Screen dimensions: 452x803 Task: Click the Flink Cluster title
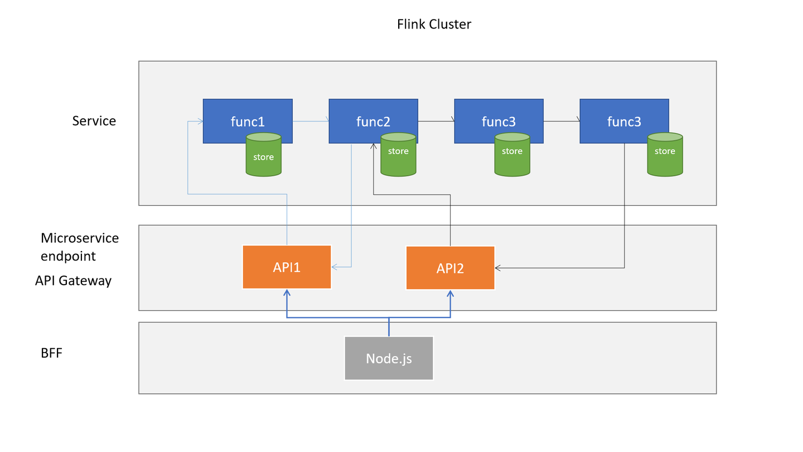[x=434, y=25]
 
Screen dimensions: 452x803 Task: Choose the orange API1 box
[x=287, y=267]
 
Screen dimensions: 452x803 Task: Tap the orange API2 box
[x=450, y=268]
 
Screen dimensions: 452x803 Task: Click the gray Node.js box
[x=389, y=358]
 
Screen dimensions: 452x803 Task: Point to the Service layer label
[x=94, y=121]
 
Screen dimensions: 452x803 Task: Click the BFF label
[x=51, y=353]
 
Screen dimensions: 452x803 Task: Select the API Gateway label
[x=73, y=281]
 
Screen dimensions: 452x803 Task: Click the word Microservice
[x=80, y=238]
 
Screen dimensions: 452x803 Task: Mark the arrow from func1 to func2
[x=311, y=121]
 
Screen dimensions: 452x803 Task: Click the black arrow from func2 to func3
[x=436, y=121]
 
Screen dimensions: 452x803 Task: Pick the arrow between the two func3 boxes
[x=562, y=121]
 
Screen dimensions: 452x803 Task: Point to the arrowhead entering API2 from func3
[x=498, y=268]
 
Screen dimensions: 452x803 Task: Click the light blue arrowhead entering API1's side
[x=335, y=267]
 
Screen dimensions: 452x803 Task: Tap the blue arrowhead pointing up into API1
[x=287, y=293]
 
